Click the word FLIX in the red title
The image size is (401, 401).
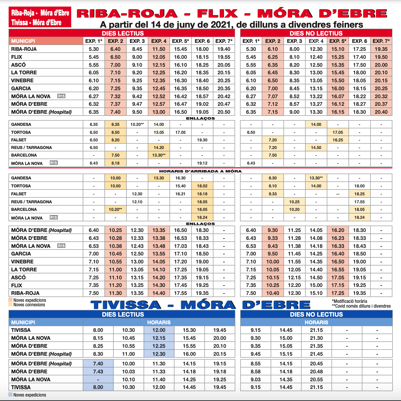(x=217, y=13)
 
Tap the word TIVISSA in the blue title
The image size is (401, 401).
(x=126, y=305)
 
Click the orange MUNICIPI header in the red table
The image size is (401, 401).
(x=46, y=41)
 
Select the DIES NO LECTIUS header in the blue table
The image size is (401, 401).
(x=316, y=314)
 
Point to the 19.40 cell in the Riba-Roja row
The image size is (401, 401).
(x=224, y=49)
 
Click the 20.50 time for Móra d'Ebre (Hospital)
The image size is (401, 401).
(x=224, y=112)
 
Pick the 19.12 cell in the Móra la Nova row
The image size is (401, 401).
(x=202, y=163)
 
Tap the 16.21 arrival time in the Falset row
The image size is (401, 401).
(x=180, y=194)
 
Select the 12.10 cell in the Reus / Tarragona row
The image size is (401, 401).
(x=137, y=202)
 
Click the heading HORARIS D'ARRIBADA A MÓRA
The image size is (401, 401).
(x=200, y=171)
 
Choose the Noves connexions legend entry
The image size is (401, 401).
(x=29, y=305)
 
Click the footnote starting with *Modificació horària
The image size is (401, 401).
(x=349, y=301)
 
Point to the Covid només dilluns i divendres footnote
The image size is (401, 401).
(x=361, y=306)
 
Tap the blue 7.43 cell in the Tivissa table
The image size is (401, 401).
(x=98, y=372)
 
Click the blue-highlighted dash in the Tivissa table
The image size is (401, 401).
(x=98, y=380)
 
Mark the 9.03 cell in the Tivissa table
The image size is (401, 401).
(x=255, y=380)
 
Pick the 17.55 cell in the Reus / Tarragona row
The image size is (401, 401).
(x=360, y=202)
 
